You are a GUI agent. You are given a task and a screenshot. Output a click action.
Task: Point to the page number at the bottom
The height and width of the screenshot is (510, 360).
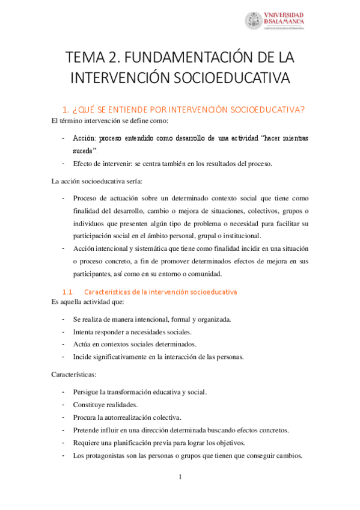tap(180, 478)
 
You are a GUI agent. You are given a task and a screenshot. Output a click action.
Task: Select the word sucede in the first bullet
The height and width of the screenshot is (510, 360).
tap(83, 150)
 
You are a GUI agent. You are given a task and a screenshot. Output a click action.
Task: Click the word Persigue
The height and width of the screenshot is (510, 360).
tap(87, 392)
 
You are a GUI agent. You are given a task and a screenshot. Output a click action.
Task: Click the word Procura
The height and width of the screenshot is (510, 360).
tap(85, 417)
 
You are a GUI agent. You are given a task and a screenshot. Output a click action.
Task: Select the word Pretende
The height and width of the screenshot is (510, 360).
tap(87, 430)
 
